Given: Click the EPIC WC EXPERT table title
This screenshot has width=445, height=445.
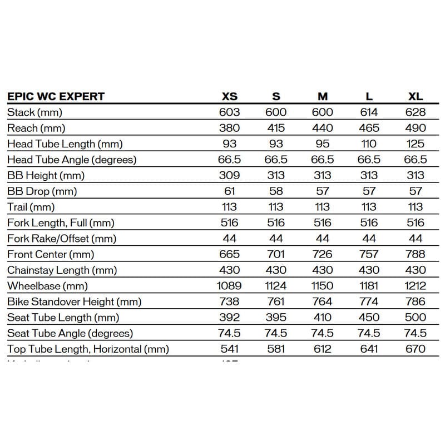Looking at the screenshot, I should [56, 96].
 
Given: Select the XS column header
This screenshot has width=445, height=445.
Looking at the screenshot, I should [229, 96].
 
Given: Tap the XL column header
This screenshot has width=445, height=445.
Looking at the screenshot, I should [416, 96].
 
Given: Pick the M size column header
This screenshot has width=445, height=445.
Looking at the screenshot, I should [322, 96].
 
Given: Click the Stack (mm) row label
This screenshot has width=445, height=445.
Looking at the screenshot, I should [34, 112].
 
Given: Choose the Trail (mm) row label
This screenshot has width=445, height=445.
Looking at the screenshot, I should [31, 207].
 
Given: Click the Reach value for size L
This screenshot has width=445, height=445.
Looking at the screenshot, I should [369, 128].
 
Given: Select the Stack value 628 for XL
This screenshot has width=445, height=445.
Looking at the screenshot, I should [416, 112].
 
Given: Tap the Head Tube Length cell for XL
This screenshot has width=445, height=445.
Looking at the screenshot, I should [416, 144].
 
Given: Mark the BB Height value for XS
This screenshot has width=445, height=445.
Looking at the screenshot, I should [229, 175].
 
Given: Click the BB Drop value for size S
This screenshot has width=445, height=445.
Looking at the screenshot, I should [276, 191].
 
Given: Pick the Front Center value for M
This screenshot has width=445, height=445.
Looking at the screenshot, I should [322, 254].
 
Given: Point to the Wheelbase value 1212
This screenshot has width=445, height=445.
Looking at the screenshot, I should [416, 286].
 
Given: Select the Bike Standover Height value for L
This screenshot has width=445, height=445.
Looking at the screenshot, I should [369, 301].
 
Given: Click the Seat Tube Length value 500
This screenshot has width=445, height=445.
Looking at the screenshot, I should [416, 318].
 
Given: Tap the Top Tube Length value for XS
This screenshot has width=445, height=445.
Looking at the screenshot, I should [229, 349].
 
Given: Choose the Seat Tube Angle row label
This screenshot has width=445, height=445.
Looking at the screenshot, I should [70, 333].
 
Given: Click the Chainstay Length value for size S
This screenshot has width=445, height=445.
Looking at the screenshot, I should [276, 270].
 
